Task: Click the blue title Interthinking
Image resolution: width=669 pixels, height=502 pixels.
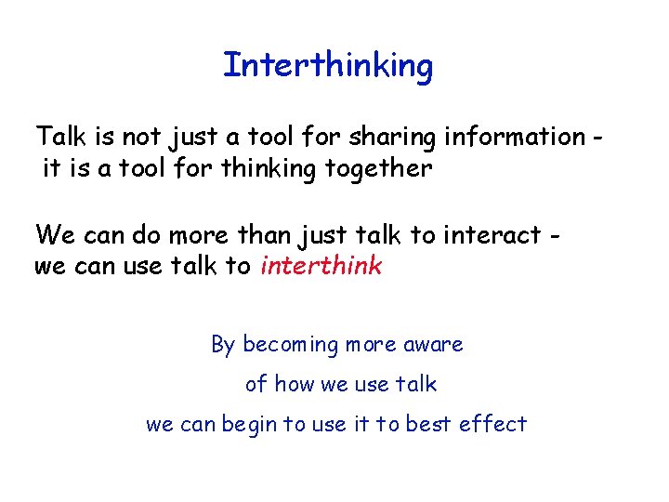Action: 328,66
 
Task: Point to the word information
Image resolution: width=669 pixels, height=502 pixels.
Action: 516,137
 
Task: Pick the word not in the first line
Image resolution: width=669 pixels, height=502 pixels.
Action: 140,137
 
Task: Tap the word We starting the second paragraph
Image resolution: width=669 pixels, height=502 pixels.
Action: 52,233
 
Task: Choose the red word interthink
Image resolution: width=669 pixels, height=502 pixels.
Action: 321,266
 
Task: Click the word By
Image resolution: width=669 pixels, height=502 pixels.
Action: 223,345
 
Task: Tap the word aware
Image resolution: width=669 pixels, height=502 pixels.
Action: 433,345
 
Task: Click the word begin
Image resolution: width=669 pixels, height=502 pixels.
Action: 247,424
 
